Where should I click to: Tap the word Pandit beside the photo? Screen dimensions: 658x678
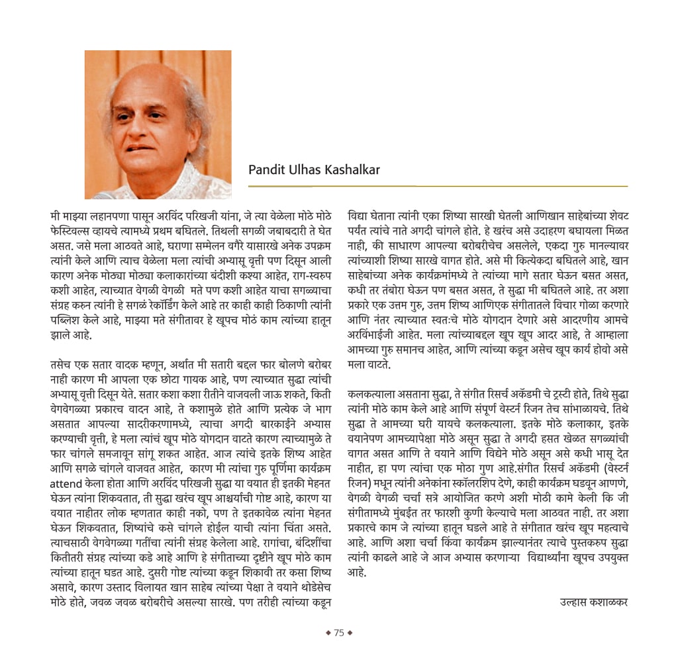266,170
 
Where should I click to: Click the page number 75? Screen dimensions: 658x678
339,633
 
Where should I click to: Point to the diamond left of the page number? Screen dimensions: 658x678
328,633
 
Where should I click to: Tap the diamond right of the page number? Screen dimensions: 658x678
350,633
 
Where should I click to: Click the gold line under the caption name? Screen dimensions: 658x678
438,186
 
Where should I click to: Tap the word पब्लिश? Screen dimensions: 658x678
68,320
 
